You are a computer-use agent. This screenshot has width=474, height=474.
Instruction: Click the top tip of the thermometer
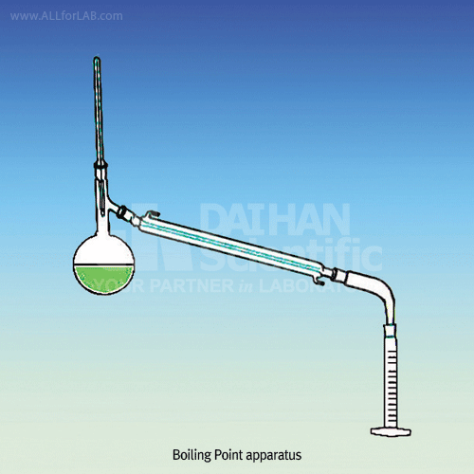pos(97,58)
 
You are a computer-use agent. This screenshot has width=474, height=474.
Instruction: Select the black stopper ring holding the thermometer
pos(100,165)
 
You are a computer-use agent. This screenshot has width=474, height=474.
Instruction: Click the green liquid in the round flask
pos(103,279)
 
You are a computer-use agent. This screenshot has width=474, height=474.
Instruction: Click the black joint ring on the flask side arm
pos(122,211)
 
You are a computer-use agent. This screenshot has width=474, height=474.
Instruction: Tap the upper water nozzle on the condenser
pos(153,214)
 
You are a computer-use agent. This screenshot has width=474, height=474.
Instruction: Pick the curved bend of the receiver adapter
pos(384,292)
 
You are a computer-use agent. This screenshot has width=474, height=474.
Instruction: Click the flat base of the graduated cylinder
pos(391,431)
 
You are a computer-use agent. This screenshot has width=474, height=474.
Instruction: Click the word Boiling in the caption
pos(191,455)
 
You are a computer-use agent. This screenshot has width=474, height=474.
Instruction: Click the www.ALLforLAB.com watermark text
pos(66,16)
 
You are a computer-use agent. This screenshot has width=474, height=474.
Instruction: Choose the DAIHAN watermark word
pos(275,219)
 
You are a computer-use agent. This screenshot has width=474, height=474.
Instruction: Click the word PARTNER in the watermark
pos(191,285)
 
